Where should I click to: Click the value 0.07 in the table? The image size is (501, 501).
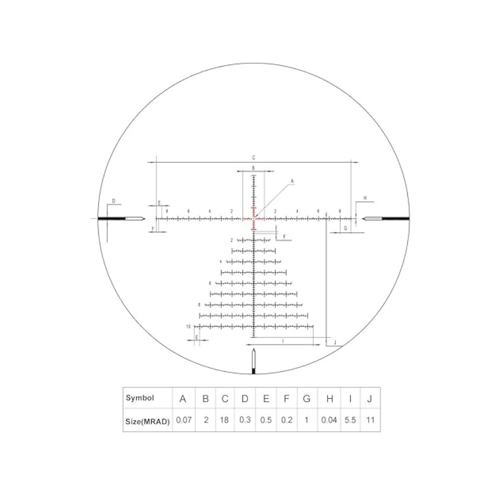tap(183, 420)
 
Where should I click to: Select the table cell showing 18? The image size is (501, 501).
tap(225, 420)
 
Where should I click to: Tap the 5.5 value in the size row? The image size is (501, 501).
tap(350, 420)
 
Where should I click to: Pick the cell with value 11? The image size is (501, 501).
tap(370, 420)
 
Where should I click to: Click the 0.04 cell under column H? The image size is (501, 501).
tap(329, 420)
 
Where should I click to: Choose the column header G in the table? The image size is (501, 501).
tap(306, 399)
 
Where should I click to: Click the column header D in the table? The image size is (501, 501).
tap(245, 399)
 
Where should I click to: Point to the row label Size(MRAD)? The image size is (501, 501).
tap(148, 420)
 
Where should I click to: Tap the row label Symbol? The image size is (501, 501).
tap(140, 398)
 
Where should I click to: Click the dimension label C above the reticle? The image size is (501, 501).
tap(254, 157)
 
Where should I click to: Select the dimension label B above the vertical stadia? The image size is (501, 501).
tap(253, 168)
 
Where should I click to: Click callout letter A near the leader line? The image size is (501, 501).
tap(292, 181)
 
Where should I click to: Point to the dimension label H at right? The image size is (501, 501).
tap(365, 198)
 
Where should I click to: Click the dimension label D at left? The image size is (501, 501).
tap(113, 200)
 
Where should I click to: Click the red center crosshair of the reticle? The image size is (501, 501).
tap(254, 219)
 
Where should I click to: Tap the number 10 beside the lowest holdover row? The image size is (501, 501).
tap(188, 326)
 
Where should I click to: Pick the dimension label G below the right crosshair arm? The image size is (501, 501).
tap(345, 229)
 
